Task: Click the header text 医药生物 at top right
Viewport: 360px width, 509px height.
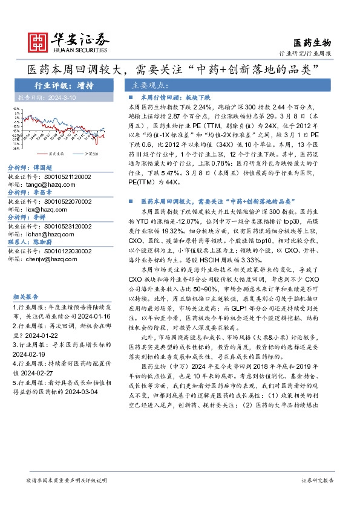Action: (312, 42)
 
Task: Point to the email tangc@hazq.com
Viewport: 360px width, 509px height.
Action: (45, 184)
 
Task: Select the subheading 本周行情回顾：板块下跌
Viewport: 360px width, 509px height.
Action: (175, 97)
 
